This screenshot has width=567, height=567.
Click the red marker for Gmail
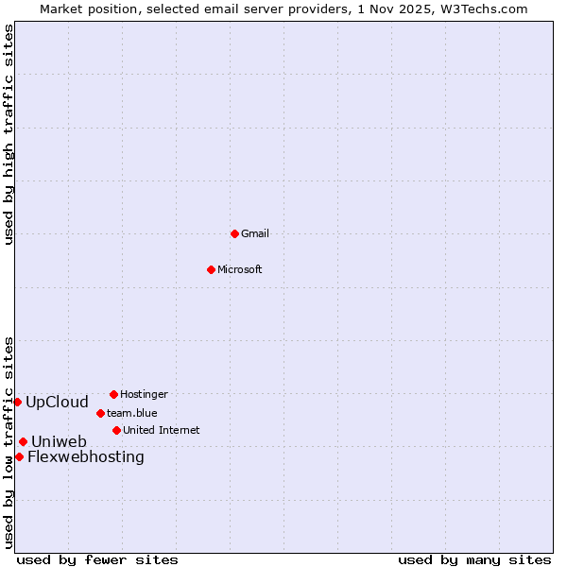pyautogui.click(x=234, y=233)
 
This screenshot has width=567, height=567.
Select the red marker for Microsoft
pyautogui.click(x=212, y=269)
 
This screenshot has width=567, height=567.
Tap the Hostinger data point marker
pyautogui.click(x=113, y=394)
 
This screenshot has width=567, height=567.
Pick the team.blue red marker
pyautogui.click(x=100, y=413)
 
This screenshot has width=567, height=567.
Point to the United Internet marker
pyautogui.click(x=116, y=430)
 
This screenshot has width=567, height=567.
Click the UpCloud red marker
pyautogui.click(x=17, y=402)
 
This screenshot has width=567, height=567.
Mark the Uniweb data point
pyautogui.click(x=23, y=441)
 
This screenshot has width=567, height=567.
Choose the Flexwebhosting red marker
pyautogui.click(x=19, y=456)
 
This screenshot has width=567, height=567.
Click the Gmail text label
pyautogui.click(x=255, y=233)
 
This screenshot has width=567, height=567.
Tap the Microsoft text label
pyautogui.click(x=240, y=269)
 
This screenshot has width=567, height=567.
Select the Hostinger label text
pyautogui.click(x=144, y=394)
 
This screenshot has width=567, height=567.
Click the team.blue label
pyautogui.click(x=132, y=413)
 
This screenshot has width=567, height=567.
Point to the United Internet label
pyautogui.click(x=162, y=430)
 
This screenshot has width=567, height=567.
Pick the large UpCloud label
pyautogui.click(x=57, y=402)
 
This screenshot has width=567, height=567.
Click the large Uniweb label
pyautogui.click(x=59, y=441)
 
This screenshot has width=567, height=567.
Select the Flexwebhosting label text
pyautogui.click(x=86, y=457)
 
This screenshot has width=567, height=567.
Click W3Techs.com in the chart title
pyautogui.click(x=480, y=9)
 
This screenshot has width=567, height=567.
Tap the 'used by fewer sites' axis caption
pyautogui.click(x=97, y=559)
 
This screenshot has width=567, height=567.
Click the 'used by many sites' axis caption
pyautogui.click(x=474, y=559)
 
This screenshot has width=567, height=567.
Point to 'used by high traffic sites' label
pyautogui.click(x=9, y=135)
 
